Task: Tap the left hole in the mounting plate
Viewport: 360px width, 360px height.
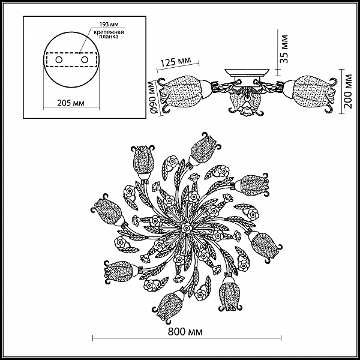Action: [58, 61]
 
